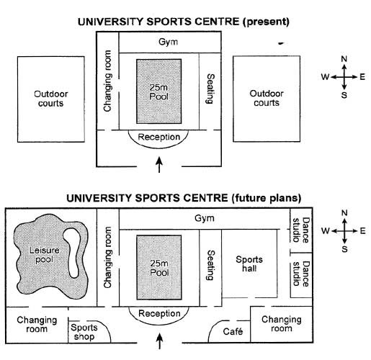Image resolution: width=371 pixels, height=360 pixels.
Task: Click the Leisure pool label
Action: [x=45, y=255]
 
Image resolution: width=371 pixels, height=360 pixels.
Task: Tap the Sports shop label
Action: [x=84, y=332]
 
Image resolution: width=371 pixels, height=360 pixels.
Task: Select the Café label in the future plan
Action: [x=233, y=331]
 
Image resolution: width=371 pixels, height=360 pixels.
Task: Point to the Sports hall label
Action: [x=249, y=264]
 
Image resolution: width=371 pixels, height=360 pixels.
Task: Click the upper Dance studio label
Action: [x=301, y=230]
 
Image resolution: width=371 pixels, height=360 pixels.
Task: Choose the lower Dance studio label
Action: [x=301, y=274]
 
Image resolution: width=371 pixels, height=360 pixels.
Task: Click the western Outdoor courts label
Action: [x=51, y=99]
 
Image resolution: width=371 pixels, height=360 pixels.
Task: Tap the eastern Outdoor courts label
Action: [x=267, y=98]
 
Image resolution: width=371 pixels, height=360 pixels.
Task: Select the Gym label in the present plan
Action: [x=169, y=42]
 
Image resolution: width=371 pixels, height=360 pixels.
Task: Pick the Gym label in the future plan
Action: [x=205, y=218]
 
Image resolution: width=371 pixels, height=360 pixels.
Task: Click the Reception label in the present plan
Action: [x=159, y=137]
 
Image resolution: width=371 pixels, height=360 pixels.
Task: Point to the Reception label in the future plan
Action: [x=159, y=313]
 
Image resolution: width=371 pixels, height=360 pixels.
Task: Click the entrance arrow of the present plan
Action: [x=159, y=165]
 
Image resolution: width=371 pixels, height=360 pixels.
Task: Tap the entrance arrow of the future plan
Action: [x=160, y=341]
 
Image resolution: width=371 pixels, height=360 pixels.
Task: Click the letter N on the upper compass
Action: [x=344, y=59]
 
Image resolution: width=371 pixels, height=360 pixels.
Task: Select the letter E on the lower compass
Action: [x=362, y=231]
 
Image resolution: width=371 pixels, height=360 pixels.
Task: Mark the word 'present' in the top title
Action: [x=266, y=22]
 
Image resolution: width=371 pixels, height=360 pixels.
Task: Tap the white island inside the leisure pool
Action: [x=72, y=252]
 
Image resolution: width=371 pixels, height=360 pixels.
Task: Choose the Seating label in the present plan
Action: [x=210, y=89]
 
